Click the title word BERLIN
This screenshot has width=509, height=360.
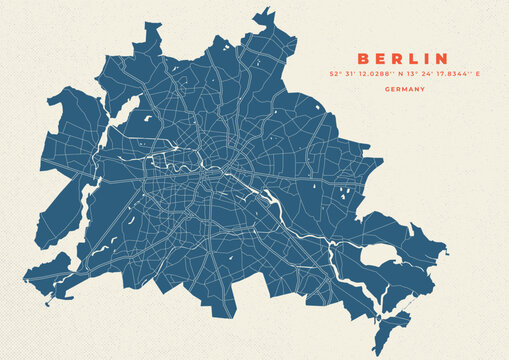403,59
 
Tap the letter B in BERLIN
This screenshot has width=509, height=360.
363,59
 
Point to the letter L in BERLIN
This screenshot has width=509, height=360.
411,59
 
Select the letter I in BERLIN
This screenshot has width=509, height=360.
425,59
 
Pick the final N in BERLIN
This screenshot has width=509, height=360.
441,59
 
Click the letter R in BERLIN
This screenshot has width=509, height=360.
395,59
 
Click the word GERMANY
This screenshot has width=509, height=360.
404,89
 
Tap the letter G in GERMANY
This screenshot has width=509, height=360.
386,89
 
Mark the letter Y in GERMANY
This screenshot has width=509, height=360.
422,89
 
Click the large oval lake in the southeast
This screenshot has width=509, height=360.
379,256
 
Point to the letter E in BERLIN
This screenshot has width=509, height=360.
379,59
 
